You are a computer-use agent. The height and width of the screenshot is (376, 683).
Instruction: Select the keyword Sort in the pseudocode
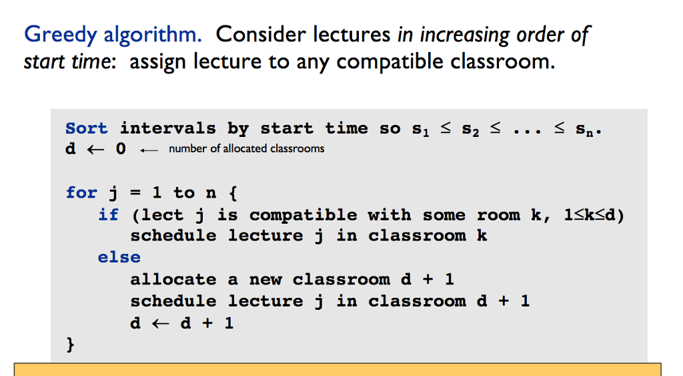(86, 128)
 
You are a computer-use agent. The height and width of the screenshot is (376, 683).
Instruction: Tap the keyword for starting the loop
(81, 193)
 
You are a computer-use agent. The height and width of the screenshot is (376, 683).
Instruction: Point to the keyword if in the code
(108, 215)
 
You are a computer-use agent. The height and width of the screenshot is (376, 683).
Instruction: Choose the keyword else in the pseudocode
(119, 257)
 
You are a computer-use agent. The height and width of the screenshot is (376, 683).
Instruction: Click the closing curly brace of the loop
(70, 345)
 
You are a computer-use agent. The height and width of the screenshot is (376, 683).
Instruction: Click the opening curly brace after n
(231, 193)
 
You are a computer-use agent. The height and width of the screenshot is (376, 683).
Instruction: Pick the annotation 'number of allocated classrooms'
(247, 148)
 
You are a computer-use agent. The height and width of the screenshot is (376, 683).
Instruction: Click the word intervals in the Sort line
(167, 128)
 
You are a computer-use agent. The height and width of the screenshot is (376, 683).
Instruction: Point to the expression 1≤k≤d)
(594, 215)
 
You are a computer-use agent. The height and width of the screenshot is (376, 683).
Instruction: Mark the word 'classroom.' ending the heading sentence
(502, 61)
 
